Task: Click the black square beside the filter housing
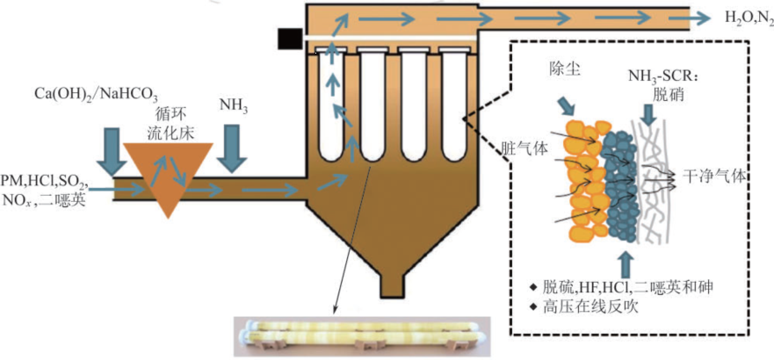coord(288,39)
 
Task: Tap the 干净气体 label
coord(714,175)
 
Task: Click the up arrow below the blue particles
coord(625,263)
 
